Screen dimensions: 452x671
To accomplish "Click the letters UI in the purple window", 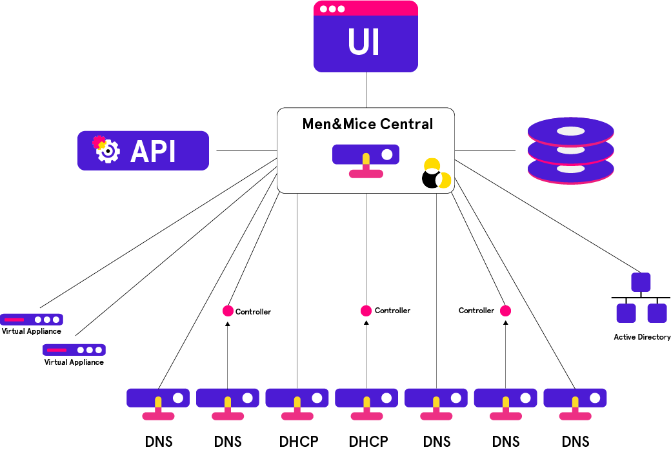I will [x=364, y=43].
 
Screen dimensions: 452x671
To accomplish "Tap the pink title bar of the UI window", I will [x=365, y=8].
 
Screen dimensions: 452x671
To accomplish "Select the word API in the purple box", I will [x=153, y=152].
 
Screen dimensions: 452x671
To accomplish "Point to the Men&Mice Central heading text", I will [x=368, y=124].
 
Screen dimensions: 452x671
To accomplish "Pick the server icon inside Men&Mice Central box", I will [x=366, y=159].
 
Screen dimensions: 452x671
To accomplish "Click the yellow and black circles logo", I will [x=436, y=174].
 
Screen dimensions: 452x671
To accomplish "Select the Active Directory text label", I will [x=642, y=337].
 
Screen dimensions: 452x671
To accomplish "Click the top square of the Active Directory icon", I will [x=641, y=282].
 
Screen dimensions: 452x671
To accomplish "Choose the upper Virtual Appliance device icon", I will [x=32, y=319].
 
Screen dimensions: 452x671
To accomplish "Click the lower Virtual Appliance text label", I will [x=74, y=362].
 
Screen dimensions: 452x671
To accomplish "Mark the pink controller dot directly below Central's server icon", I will [x=366, y=311].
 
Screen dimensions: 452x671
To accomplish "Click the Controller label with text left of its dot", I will [x=476, y=311].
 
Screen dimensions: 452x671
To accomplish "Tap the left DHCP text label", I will [x=299, y=442].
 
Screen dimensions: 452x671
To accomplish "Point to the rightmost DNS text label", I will [x=575, y=442].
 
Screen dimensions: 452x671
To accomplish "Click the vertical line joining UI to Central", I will [x=366, y=90].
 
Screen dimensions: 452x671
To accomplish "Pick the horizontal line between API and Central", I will [x=246, y=150].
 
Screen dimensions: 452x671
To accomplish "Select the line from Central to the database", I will [x=485, y=150].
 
